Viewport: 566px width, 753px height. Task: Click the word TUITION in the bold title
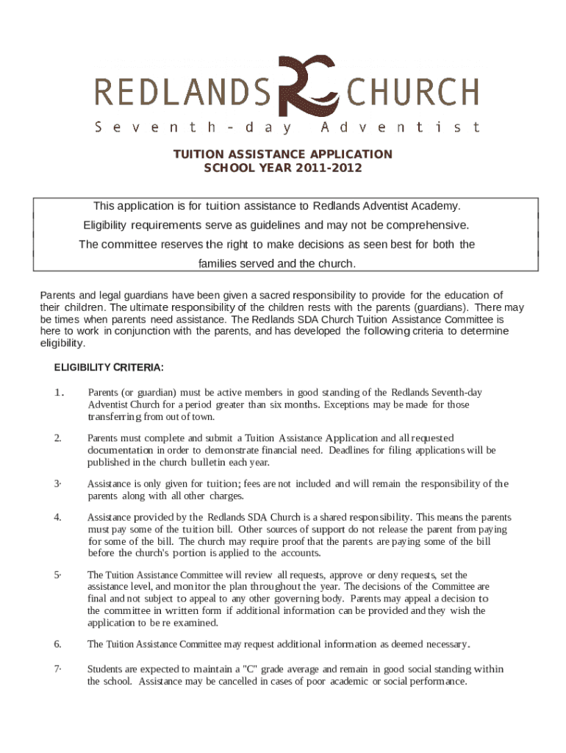coord(198,154)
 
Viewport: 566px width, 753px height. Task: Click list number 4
coord(57,517)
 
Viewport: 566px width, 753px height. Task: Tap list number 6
coord(57,644)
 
